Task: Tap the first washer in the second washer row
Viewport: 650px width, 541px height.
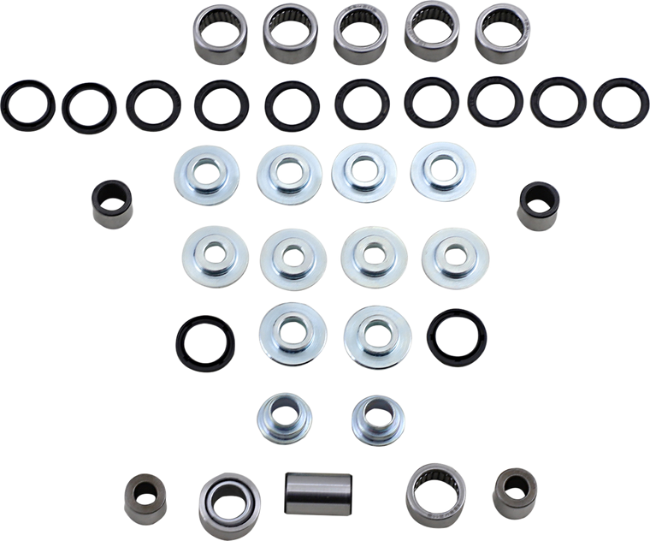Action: click(210, 255)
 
